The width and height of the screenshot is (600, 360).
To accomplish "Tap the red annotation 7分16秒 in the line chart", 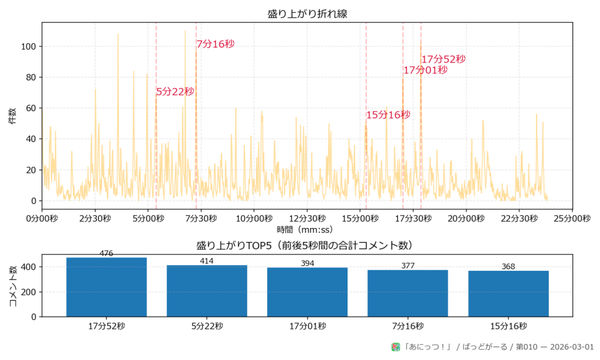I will point(215,44).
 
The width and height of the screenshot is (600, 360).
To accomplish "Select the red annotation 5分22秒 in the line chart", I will point(175,91).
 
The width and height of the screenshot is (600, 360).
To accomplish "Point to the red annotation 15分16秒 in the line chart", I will point(388,115).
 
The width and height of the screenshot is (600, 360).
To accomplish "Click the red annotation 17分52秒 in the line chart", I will point(444,59).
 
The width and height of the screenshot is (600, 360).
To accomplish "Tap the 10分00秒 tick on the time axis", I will point(254,218).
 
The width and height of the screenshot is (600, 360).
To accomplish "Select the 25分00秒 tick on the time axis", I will point(572,218).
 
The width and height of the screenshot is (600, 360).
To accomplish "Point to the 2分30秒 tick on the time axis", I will point(95,218).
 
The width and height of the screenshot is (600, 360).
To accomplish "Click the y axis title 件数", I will point(12,116).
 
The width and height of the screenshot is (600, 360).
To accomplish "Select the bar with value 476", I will point(107,287).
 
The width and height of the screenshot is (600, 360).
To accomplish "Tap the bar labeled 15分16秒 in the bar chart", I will point(508,293).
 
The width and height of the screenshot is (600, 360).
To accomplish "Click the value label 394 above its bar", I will point(307,263).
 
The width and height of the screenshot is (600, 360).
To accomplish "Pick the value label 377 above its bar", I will point(408,266).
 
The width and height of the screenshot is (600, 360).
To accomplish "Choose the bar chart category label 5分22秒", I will point(207,327).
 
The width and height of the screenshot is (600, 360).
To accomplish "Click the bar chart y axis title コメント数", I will point(12,286).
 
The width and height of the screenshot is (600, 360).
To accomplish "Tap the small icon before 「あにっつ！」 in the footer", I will point(396,347).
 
